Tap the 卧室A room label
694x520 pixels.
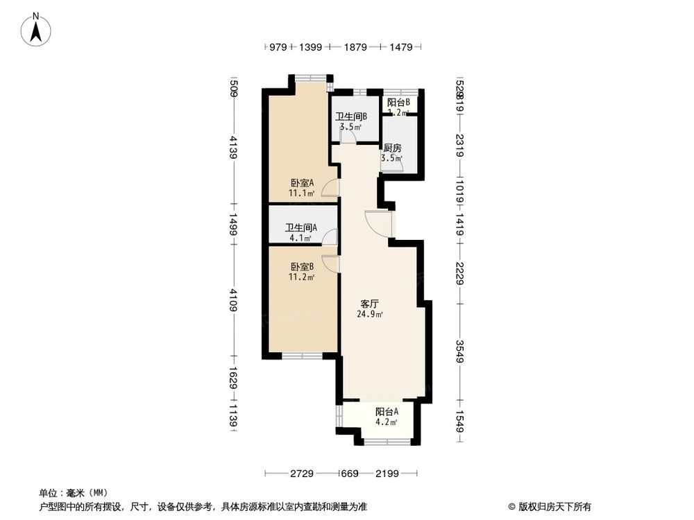coord(302,183)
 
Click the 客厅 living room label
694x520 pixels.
coord(369,304)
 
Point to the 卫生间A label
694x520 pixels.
coord(301,227)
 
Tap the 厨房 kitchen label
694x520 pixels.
coord(392,148)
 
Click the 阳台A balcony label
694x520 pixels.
coord(386,410)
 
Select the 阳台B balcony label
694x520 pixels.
coord(398,103)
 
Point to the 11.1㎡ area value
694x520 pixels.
coord(302,193)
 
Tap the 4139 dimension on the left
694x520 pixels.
coord(234,148)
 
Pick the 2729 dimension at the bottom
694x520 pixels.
coord(303,474)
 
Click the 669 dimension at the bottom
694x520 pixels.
coord(348,474)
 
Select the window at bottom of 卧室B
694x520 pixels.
coord(301,356)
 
